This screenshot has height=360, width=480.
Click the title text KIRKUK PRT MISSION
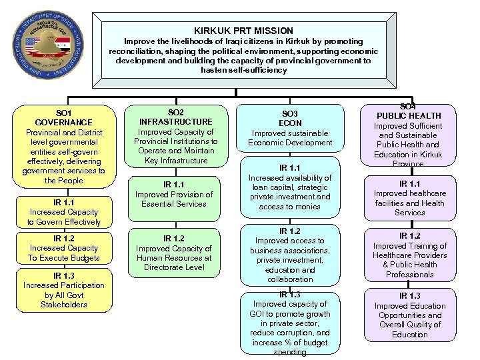[x=243, y=31]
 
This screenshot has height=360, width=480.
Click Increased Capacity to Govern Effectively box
[x=63, y=212]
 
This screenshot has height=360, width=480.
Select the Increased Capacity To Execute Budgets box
[x=63, y=248]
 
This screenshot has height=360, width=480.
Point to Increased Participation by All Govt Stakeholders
[x=63, y=290]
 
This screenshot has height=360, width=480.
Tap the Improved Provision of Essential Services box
[x=173, y=194]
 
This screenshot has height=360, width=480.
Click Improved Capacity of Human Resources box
[x=173, y=253]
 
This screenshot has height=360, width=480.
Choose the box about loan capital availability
[x=290, y=188]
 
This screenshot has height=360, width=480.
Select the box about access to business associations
[x=290, y=255]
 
